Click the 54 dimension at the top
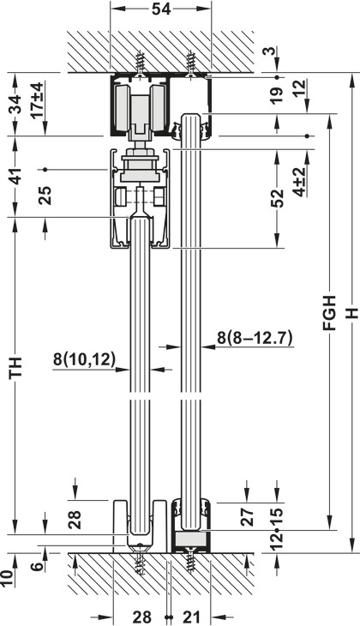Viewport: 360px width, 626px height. point(161,9)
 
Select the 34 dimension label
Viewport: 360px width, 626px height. point(15,105)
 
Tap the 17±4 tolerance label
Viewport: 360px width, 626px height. point(37,100)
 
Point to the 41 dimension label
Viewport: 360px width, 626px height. point(15,175)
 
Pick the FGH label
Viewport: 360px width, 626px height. point(330,313)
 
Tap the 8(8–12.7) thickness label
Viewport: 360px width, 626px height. point(255,338)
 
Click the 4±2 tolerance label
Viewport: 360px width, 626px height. point(299,183)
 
